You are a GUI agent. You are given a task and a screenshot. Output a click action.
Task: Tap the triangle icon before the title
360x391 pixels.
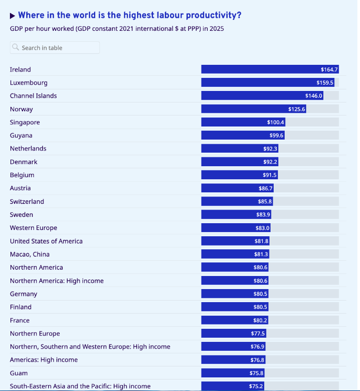tap(13, 16)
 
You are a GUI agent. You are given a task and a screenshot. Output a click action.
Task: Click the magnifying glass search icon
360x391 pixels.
tap(16, 48)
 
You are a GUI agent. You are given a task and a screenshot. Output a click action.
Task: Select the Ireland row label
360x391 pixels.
tap(20, 70)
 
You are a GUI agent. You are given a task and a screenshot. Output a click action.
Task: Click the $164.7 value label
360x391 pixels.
tap(330, 70)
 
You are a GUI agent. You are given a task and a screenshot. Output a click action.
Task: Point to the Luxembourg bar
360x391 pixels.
tap(267, 83)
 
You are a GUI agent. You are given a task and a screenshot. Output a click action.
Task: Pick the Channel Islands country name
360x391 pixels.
tap(33, 96)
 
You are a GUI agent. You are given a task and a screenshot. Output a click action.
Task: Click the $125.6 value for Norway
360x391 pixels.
tap(297, 109)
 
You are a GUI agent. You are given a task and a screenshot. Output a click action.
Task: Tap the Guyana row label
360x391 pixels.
tap(21, 135)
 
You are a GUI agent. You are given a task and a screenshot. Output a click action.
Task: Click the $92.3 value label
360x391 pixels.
tap(270, 149)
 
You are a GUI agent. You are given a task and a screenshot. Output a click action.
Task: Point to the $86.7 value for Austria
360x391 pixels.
tap(266, 188)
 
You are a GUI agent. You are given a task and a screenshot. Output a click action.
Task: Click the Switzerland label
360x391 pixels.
tap(27, 201)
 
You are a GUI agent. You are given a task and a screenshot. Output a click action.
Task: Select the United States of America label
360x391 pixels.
tap(46, 241)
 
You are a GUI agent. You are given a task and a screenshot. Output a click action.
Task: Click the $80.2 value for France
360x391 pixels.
tap(260, 320)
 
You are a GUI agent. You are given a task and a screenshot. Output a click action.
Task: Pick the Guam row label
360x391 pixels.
tap(18, 373)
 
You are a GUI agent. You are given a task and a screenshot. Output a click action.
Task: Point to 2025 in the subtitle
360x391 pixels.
tap(216, 29)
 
